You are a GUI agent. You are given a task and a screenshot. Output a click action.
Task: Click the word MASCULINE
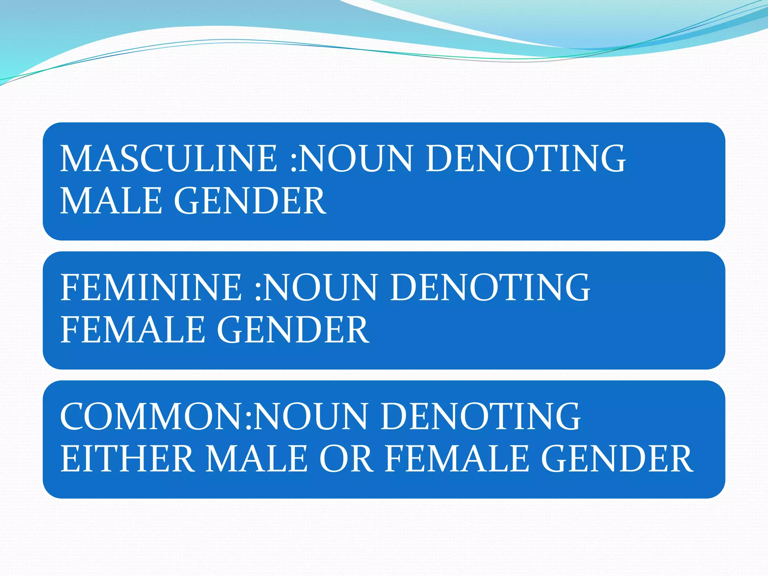coord(169,159)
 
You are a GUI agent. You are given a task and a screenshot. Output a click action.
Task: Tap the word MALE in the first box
coord(111,201)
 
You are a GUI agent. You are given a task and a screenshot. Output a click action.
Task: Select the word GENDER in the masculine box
coord(250,201)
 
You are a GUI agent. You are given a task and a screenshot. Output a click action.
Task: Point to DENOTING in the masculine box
coord(525,159)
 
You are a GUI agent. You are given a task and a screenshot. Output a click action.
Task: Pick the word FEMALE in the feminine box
coord(132,330)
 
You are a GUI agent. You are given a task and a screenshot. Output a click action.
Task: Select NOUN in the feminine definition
coord(320,288)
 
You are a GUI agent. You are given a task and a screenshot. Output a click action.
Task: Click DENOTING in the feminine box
coord(490,288)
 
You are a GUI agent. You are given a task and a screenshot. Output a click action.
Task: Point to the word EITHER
coord(127,459)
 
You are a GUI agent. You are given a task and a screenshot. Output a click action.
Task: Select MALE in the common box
coord(257,459)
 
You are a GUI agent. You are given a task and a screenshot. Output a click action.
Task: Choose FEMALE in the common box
coord(456,459)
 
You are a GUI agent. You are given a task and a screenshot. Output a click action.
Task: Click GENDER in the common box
coord(617,459)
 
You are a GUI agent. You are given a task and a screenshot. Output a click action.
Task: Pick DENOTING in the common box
coord(481,417)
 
